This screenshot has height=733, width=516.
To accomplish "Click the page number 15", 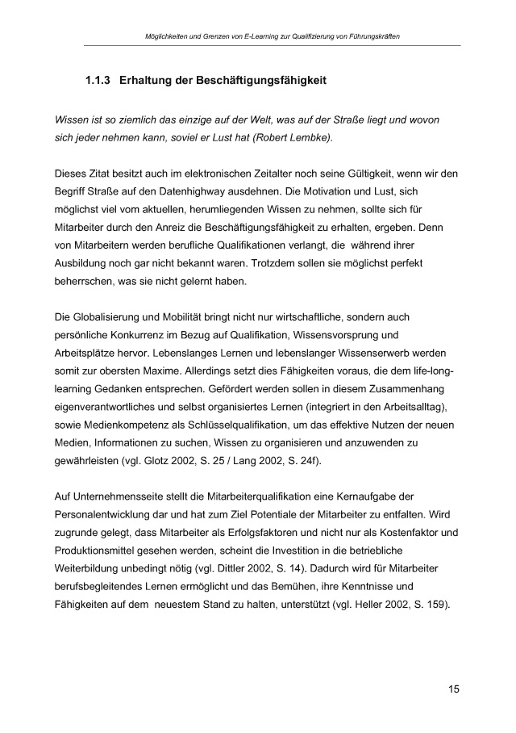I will click(x=455, y=689).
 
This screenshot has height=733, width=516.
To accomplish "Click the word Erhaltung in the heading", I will click(x=151, y=82).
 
